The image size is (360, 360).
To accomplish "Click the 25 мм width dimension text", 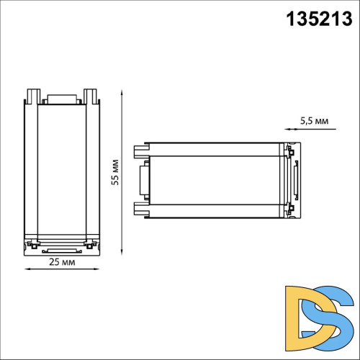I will tap(62, 263).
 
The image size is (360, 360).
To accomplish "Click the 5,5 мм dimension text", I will tap(314, 121).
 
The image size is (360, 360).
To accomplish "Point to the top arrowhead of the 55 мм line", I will tap(121, 92).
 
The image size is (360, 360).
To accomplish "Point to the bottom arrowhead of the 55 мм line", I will tap(121, 253).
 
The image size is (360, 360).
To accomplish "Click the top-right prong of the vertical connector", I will tap(90, 96).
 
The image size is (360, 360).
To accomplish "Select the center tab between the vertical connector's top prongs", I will tap(60, 99).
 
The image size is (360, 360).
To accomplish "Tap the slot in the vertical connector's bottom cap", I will tap(60, 250).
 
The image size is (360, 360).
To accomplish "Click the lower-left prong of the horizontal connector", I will tap(140, 210).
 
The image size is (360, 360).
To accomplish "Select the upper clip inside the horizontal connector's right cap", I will tap(291, 152).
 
